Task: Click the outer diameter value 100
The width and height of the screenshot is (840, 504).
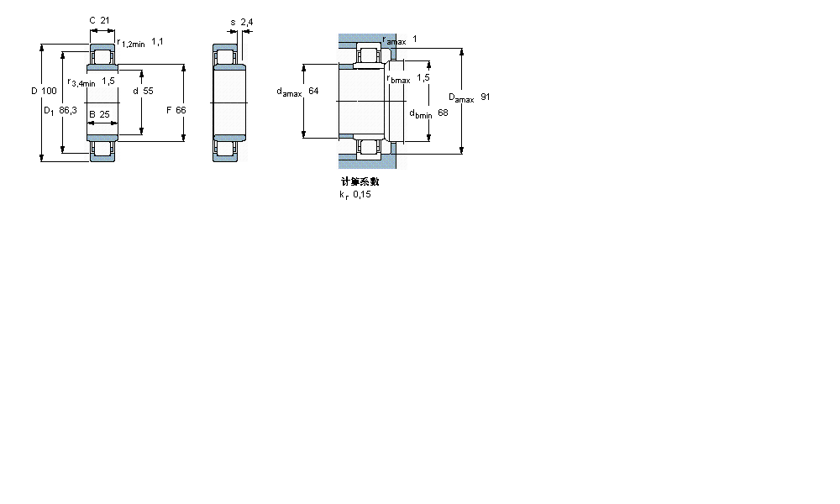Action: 50,91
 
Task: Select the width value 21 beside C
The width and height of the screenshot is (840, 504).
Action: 106,20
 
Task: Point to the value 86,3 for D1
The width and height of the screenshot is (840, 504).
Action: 68,110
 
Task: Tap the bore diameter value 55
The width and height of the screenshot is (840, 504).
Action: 148,91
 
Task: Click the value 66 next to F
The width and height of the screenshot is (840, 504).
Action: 181,110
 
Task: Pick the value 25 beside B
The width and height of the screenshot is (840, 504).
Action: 105,114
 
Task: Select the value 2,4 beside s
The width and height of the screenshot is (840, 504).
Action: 246,22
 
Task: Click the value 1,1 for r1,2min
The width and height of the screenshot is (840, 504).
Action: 157,41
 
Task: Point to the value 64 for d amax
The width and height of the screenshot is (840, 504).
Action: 313,91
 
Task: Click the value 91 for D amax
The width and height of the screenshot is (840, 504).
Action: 485,97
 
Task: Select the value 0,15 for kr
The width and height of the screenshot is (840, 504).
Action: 361,195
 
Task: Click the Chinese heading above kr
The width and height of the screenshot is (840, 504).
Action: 360,181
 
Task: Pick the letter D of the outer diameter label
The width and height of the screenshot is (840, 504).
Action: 34,91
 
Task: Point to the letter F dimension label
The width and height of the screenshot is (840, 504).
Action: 169,110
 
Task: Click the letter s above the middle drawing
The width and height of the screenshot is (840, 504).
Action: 233,22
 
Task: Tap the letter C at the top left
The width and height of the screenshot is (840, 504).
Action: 92,20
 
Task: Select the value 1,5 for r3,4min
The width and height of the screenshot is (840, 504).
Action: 108,81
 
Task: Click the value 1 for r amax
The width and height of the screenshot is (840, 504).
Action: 414,39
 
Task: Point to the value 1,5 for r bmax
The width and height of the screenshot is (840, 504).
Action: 423,77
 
